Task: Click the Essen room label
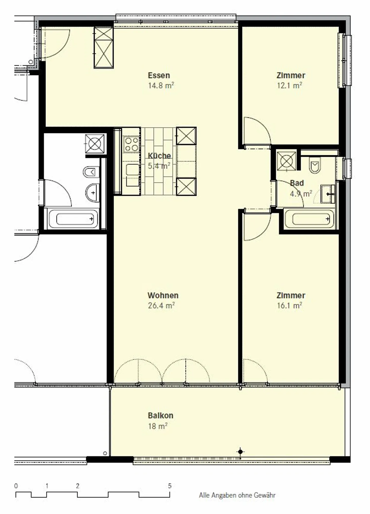[x=159, y=75]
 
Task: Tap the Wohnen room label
[x=163, y=295]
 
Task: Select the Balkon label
[x=161, y=415]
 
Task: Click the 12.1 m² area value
[x=289, y=85]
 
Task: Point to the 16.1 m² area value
[x=289, y=306]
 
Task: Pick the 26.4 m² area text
[x=161, y=306]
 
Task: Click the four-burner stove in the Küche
[x=131, y=144]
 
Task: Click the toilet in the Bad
[x=315, y=165]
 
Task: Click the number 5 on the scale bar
[x=170, y=486]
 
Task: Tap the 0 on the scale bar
[x=16, y=486]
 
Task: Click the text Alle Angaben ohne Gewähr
[x=237, y=495]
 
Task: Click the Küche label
[x=159, y=156]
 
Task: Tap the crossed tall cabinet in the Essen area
[x=104, y=47]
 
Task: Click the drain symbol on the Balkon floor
[x=240, y=452]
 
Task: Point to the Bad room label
[x=297, y=183]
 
